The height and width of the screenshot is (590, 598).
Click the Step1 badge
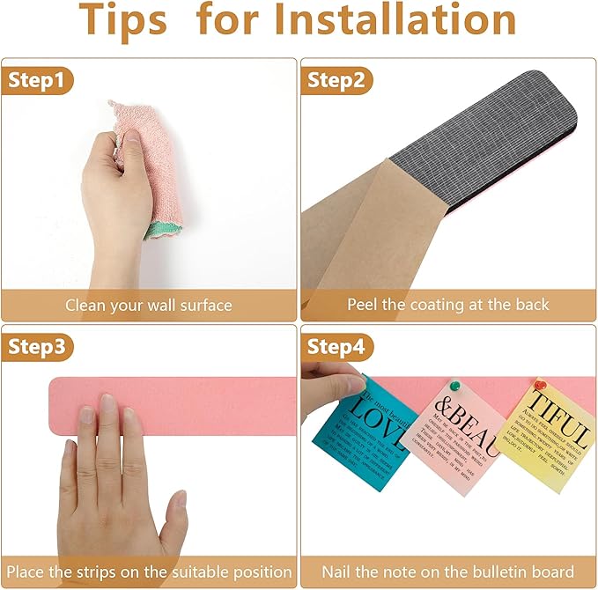36,81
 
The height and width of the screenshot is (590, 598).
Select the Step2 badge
336,81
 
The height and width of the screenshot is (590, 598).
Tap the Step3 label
37,347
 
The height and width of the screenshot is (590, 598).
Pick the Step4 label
336,347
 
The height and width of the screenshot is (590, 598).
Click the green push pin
455,387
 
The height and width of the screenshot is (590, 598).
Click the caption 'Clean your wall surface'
148,306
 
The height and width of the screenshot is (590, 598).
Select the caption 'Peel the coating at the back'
447,306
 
